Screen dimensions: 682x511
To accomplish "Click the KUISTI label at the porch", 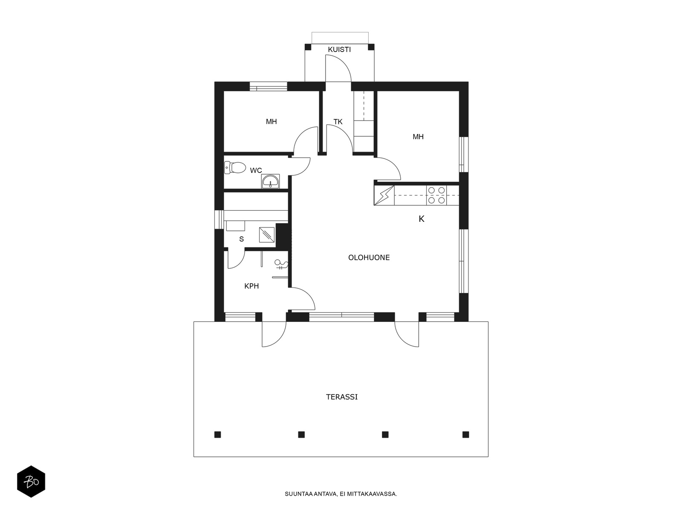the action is tap(339, 49).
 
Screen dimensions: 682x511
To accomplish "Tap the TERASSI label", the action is tap(341, 397).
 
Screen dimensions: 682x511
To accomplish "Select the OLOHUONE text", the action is tap(369, 258).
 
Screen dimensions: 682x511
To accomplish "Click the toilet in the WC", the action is tap(235, 167).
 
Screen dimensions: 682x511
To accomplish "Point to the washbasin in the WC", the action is tap(270, 181).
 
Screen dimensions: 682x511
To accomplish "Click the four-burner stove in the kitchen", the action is tap(436, 195).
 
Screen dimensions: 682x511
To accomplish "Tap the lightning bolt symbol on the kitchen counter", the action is tap(384, 195).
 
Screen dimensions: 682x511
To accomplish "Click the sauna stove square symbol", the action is tap(267, 235).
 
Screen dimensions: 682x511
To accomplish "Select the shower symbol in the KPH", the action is tap(281, 264).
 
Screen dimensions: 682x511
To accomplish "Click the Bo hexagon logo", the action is tap(31, 482).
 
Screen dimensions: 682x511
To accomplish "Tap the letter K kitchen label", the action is tap(421, 219).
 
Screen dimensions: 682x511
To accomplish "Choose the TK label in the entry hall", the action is tap(338, 122).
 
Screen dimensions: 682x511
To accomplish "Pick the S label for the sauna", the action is tap(241, 239).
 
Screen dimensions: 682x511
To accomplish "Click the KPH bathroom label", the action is tap(251, 286).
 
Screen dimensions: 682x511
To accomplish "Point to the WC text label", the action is tap(256, 170).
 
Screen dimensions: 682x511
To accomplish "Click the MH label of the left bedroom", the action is tap(271, 122).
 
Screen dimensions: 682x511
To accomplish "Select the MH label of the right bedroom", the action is tap(418, 137).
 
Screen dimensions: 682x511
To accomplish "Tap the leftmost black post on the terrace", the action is tap(217, 434).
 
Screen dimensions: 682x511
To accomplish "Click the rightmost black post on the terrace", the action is tap(465, 434).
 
